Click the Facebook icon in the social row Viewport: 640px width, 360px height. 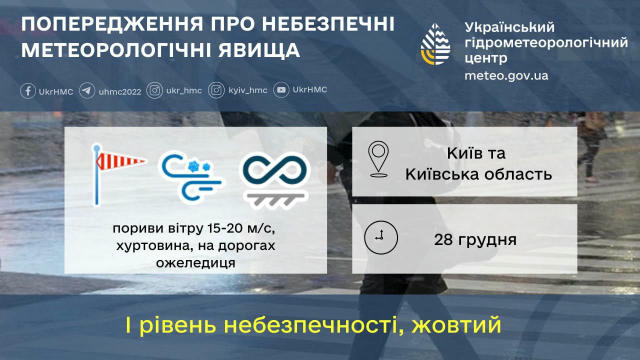click(28, 90)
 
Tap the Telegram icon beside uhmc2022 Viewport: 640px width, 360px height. click(87, 90)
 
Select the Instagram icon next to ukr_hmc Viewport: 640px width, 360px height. click(155, 90)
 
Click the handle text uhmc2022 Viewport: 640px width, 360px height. click(119, 90)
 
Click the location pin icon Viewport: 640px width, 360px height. click(380, 158)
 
